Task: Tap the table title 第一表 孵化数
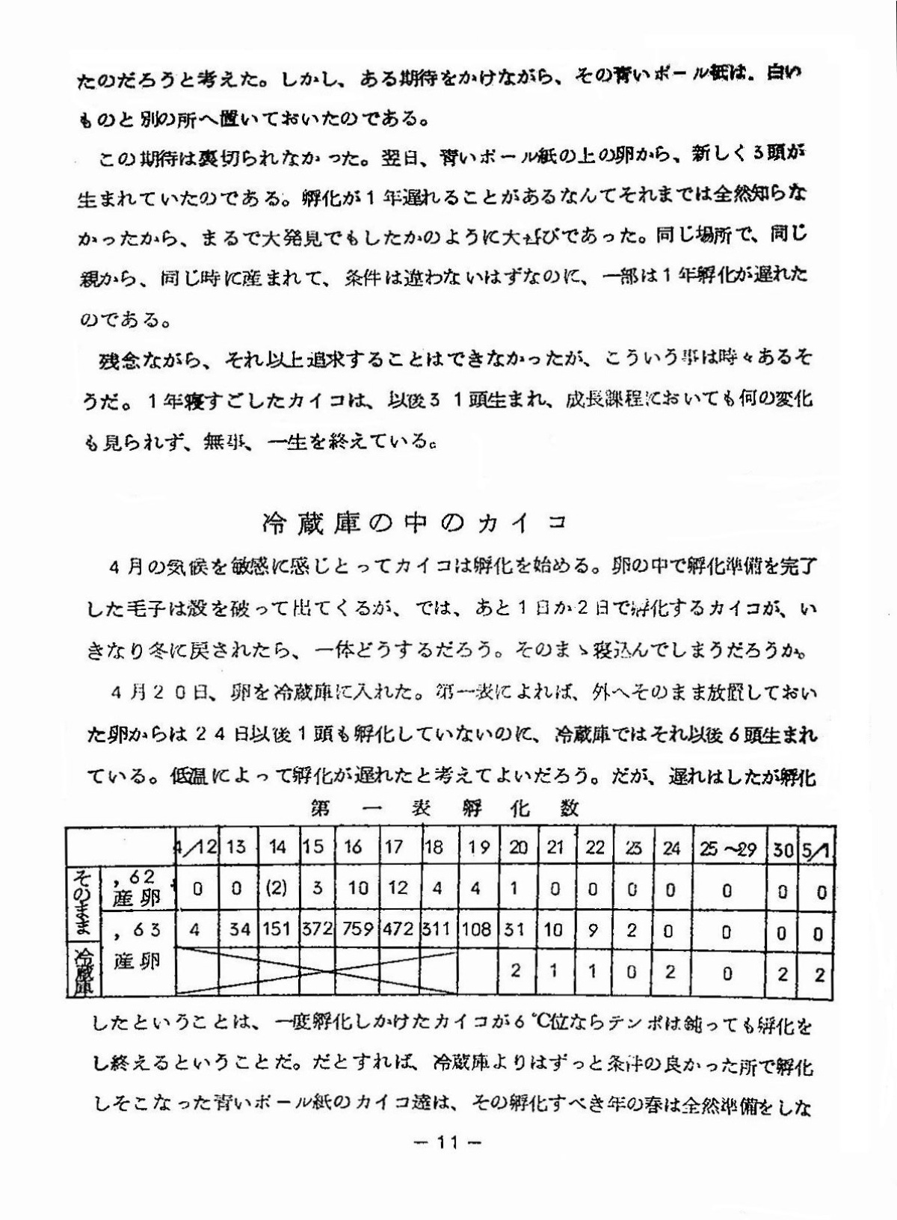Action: click(x=446, y=807)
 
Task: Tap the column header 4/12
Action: click(x=196, y=848)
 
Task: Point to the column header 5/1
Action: click(x=818, y=848)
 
